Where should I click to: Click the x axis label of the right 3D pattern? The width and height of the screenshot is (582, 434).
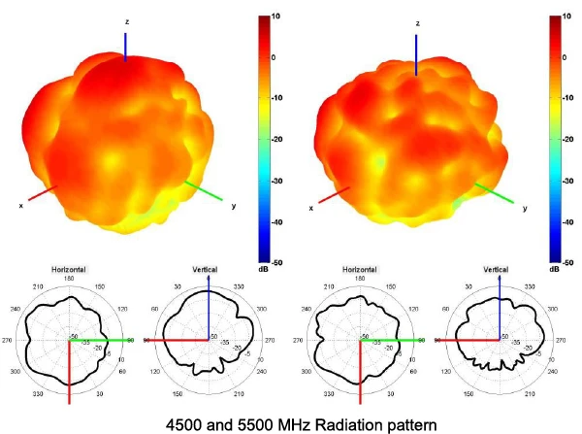[x=310, y=209]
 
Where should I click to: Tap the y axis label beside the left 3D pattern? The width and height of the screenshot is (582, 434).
[x=234, y=206]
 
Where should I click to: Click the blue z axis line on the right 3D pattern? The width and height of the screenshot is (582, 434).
[x=417, y=53]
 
